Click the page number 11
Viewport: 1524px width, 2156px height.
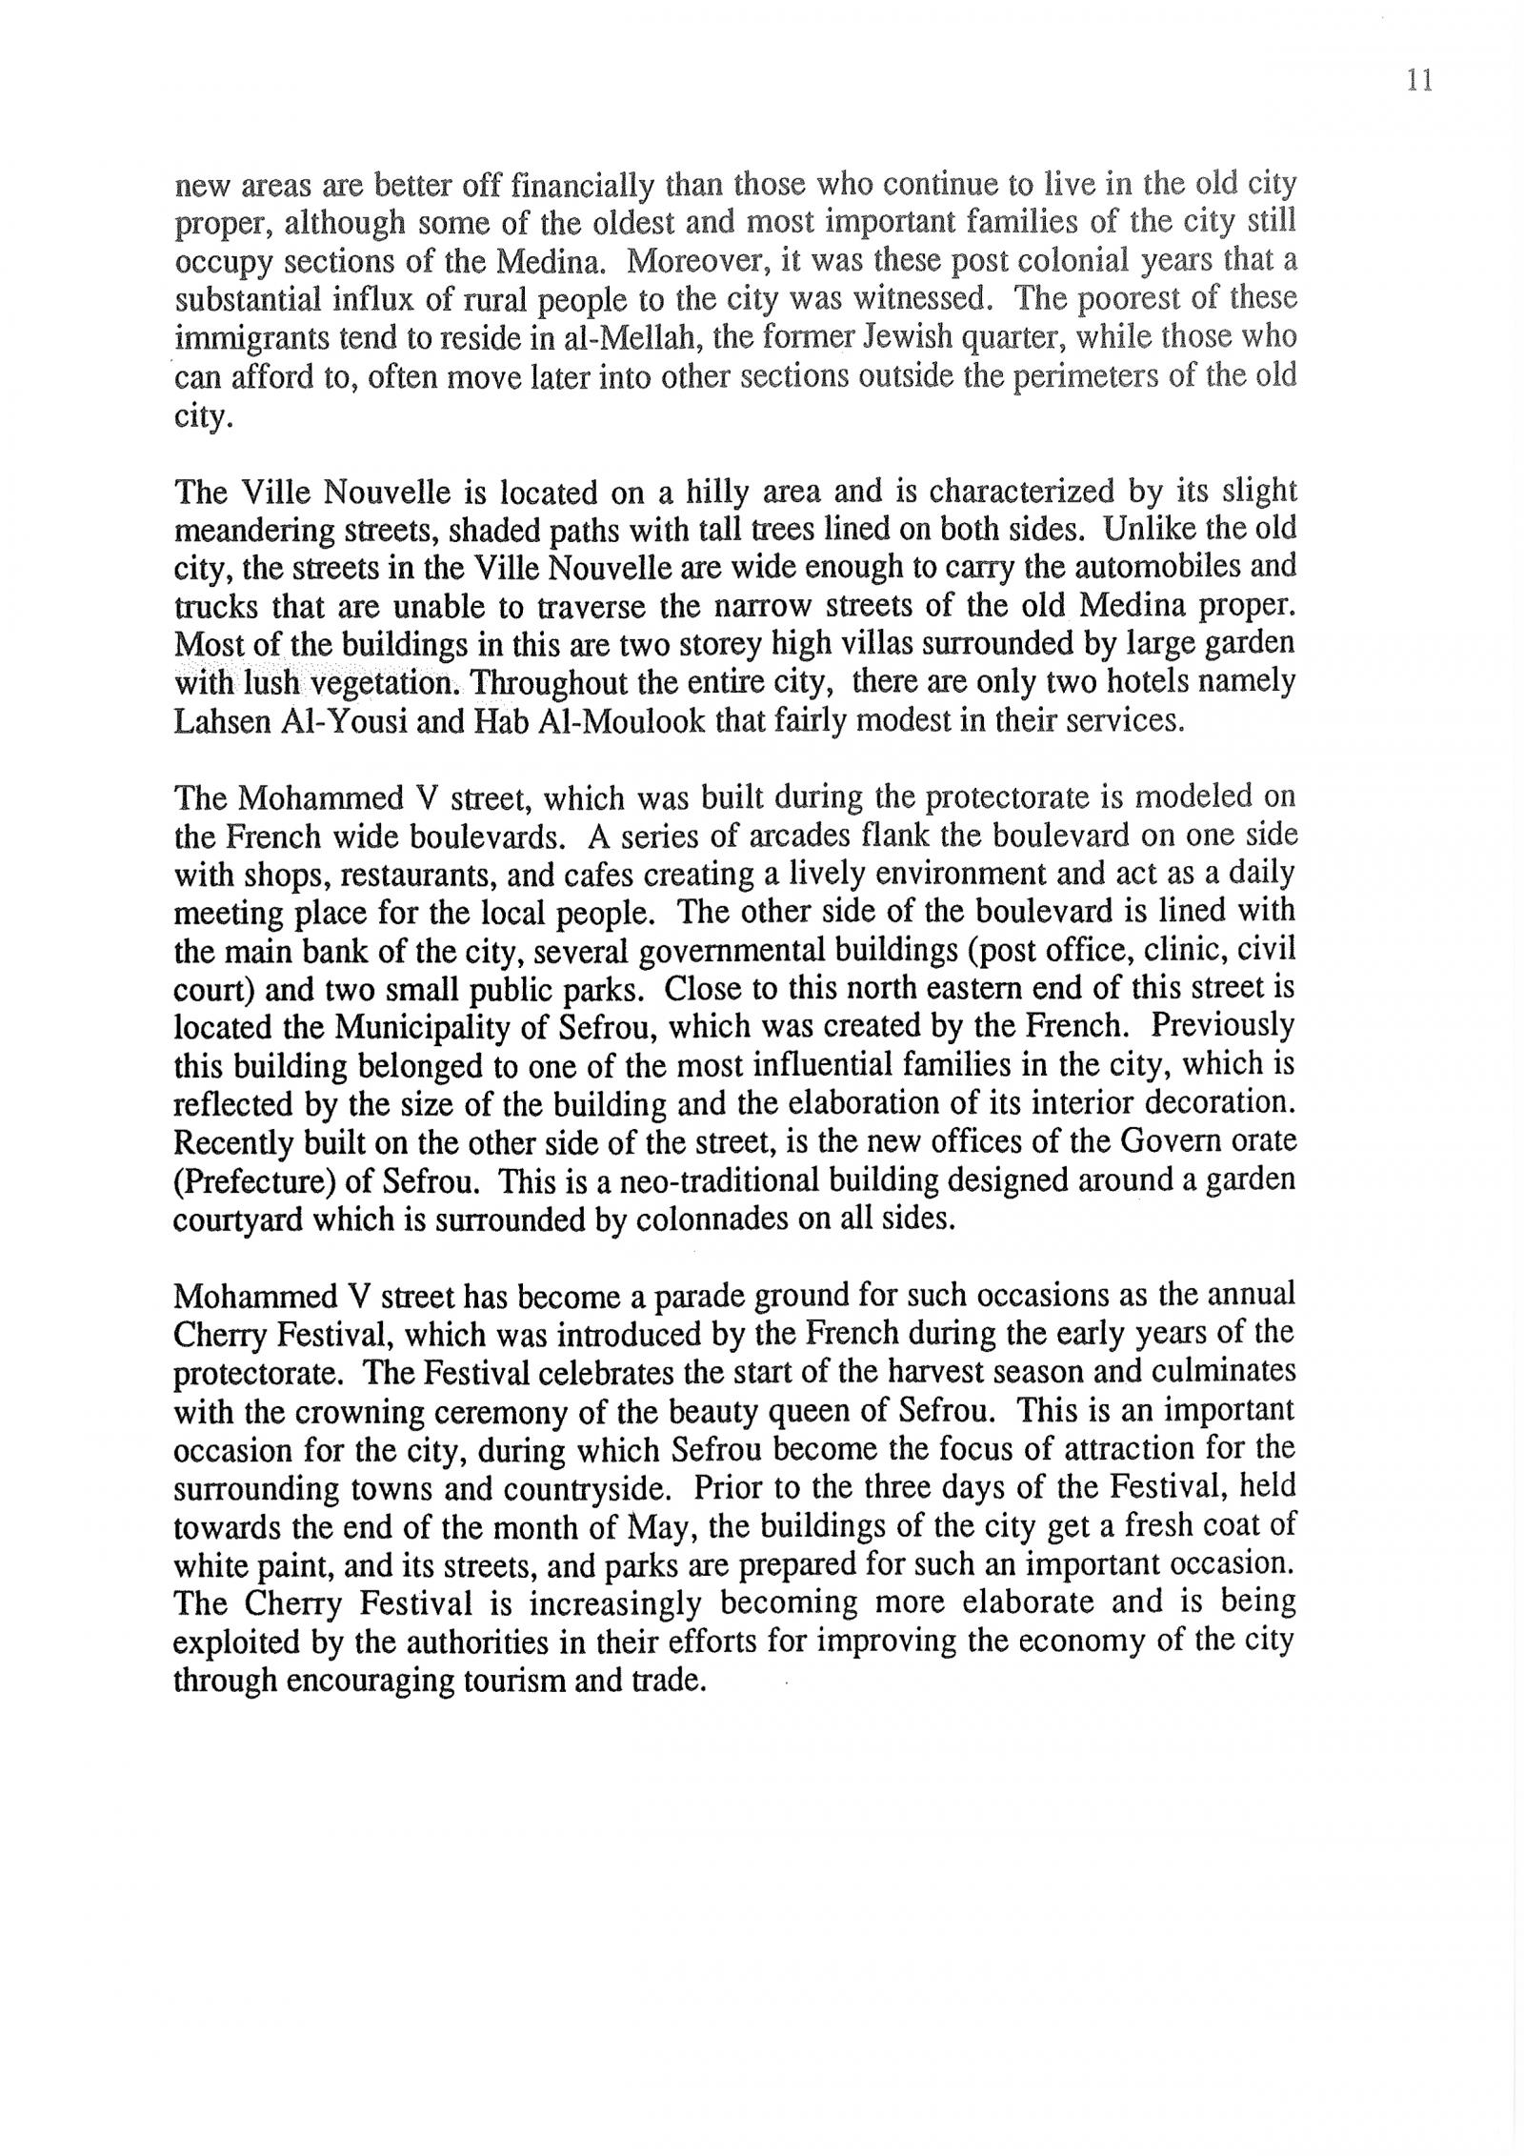coord(1418,81)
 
